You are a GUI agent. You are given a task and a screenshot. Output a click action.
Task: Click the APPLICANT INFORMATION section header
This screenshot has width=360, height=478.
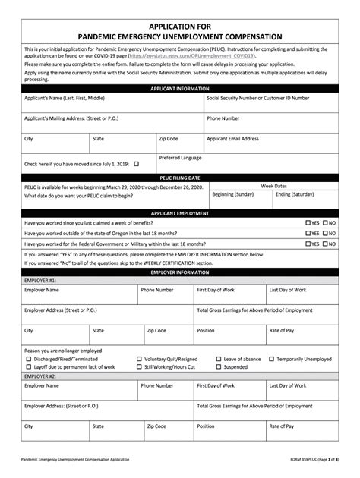coord(180,89)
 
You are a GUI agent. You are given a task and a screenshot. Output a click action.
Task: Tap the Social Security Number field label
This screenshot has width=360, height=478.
coord(258,98)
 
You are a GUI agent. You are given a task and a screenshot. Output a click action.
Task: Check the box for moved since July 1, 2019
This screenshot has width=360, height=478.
coord(137,163)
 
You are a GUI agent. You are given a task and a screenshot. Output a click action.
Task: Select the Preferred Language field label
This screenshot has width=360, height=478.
coord(180,158)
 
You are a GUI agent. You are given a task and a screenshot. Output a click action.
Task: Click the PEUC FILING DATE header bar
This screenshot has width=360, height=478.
coord(180,177)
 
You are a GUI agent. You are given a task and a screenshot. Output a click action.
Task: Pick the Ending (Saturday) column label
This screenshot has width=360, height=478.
coord(294,194)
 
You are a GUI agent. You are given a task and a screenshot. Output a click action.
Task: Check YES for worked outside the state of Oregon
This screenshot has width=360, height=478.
coord(308,234)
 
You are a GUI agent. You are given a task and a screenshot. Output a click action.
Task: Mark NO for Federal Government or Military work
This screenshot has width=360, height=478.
coord(325,244)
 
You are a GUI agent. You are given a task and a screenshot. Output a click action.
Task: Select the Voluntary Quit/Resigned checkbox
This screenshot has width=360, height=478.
coord(138,359)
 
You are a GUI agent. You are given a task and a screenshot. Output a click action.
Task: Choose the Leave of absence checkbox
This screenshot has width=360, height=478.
coord(218,359)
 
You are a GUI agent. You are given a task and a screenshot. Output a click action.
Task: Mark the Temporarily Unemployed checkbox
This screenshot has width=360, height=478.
coord(271,359)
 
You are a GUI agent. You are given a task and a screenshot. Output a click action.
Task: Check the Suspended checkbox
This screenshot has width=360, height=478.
coord(218,366)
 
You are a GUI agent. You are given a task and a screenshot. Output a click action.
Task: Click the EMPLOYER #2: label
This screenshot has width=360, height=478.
coord(40,376)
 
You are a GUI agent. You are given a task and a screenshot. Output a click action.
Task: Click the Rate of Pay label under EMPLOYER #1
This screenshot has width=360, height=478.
coord(282,331)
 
